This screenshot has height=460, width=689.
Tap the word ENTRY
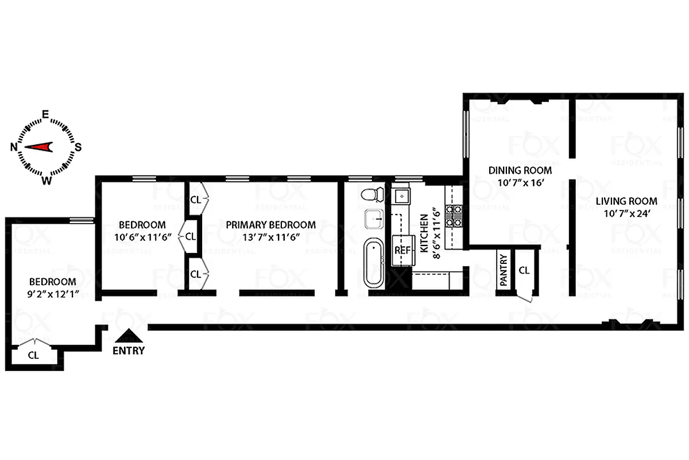(129, 350)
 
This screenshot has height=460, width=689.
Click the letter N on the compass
(13, 147)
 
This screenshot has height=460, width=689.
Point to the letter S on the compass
(78, 147)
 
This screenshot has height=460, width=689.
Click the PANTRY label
(503, 270)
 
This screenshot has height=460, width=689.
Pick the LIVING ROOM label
(626, 201)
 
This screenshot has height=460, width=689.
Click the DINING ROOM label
(520, 170)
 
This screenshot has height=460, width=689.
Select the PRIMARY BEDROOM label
(270, 225)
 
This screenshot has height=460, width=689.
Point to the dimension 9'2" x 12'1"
(53, 294)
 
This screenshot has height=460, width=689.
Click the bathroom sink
(376, 219)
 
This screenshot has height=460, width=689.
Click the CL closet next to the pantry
(524, 270)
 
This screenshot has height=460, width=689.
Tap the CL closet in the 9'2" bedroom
(33, 355)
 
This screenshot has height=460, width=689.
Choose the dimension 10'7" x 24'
(626, 214)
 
